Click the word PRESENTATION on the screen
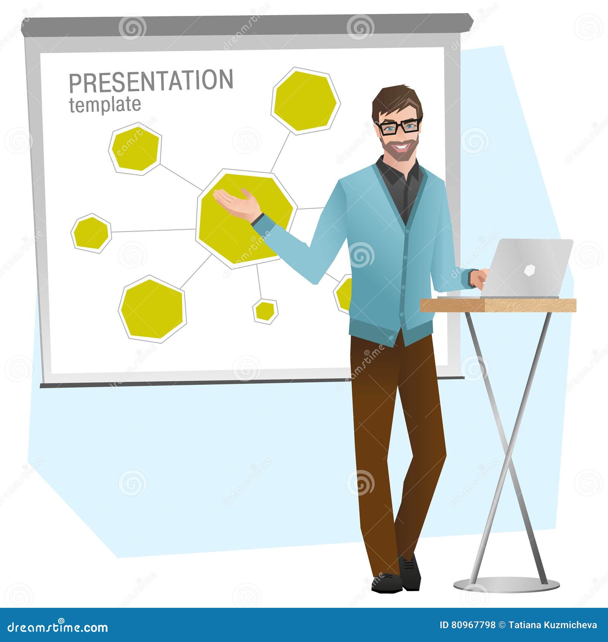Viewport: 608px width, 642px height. [x=151, y=81]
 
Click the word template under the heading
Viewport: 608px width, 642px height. [x=105, y=104]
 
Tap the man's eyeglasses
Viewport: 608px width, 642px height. [x=398, y=127]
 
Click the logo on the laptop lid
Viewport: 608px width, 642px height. [x=530, y=270]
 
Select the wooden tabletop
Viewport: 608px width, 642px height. [x=498, y=305]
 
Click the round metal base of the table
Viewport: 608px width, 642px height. [x=506, y=585]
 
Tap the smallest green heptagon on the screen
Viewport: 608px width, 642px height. [x=265, y=312]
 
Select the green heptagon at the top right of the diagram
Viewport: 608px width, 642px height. [x=306, y=101]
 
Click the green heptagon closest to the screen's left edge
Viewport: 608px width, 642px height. [x=91, y=233]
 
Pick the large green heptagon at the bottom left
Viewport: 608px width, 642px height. [x=152, y=309]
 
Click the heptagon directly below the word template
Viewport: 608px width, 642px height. [x=135, y=149]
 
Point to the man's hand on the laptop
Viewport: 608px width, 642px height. [x=479, y=278]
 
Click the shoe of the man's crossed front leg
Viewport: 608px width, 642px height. [x=386, y=583]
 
